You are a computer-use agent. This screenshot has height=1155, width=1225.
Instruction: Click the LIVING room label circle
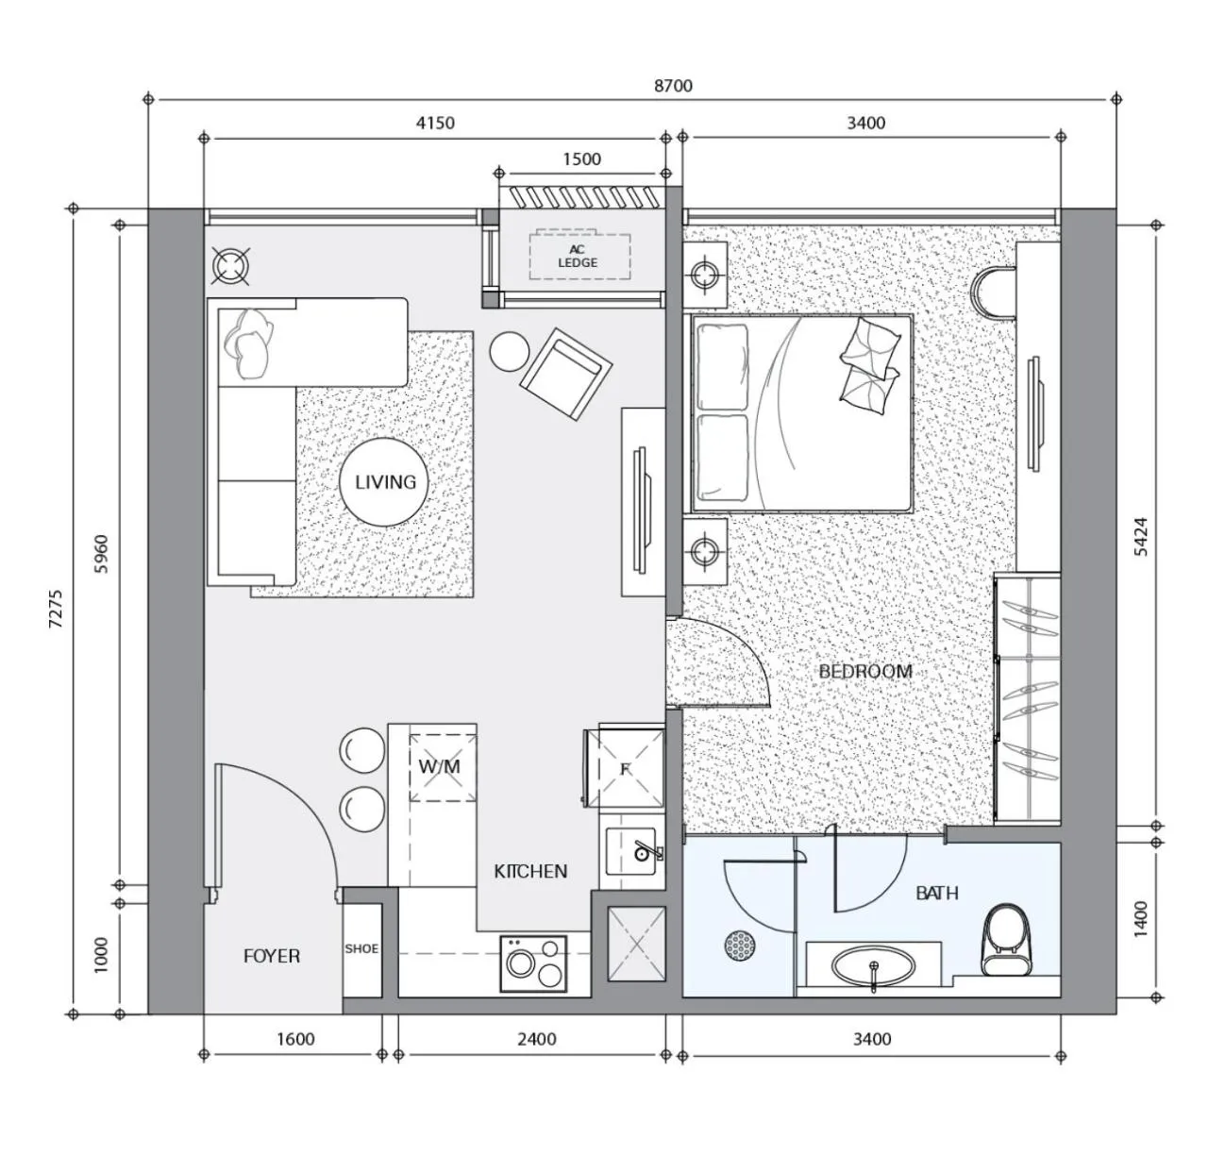(x=385, y=482)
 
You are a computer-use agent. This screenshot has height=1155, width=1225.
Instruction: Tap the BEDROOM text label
(x=864, y=672)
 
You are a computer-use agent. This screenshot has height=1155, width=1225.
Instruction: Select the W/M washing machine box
(x=441, y=766)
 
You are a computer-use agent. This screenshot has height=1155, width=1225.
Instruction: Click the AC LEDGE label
(x=578, y=257)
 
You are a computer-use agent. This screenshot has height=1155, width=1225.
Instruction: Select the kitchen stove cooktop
(x=533, y=962)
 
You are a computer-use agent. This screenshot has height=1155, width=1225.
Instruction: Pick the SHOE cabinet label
(x=361, y=949)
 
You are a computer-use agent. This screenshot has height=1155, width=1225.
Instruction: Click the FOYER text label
(x=272, y=956)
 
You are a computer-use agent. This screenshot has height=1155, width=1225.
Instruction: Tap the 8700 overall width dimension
(x=673, y=86)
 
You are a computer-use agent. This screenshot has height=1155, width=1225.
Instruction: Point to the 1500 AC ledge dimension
(x=581, y=159)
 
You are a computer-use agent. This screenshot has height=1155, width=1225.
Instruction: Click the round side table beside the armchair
(x=511, y=352)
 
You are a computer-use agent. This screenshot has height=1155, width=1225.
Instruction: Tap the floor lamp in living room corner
(x=230, y=266)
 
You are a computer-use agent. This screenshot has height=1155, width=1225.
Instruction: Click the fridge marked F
(x=625, y=768)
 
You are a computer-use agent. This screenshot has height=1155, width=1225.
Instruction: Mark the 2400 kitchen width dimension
(x=536, y=1039)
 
